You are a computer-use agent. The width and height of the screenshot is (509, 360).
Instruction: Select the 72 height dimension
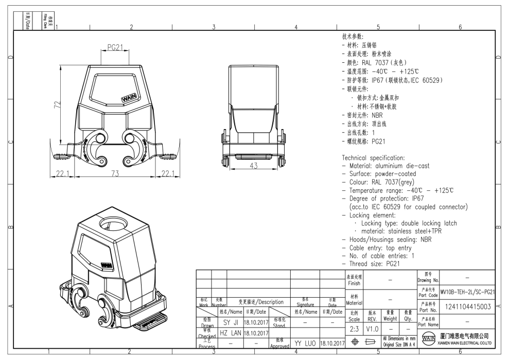58,106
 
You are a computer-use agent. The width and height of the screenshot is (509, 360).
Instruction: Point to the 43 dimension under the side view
252,166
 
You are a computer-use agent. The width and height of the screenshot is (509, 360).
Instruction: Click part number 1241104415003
468,307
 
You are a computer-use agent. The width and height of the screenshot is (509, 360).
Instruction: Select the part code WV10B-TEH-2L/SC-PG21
468,292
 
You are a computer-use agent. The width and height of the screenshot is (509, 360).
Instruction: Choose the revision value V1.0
372,329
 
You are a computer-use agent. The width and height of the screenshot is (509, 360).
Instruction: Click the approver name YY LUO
305,342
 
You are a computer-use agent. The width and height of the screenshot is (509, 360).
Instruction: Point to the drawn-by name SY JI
230,322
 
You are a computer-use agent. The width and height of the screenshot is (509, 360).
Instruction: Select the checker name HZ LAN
230,333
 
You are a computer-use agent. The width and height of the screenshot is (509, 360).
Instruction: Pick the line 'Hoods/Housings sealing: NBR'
390,239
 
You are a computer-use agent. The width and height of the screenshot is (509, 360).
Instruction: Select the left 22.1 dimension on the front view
62,173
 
